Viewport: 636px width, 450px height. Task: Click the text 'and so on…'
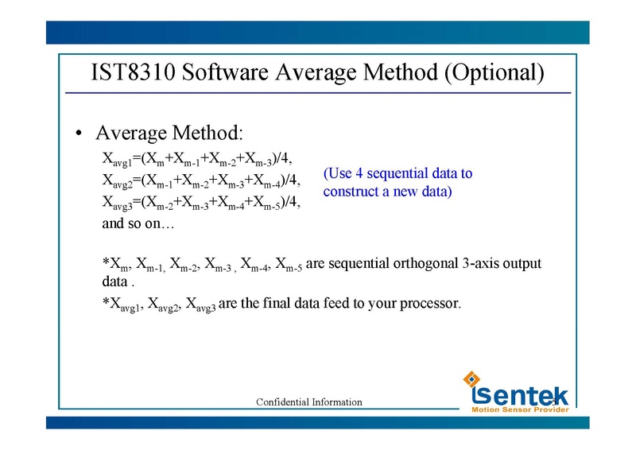138,224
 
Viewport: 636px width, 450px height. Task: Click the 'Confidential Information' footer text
308,402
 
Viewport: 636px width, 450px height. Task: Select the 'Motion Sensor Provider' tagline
520,410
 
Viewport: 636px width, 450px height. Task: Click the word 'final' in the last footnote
270,303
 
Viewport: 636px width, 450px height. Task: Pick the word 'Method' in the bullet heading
206,132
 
